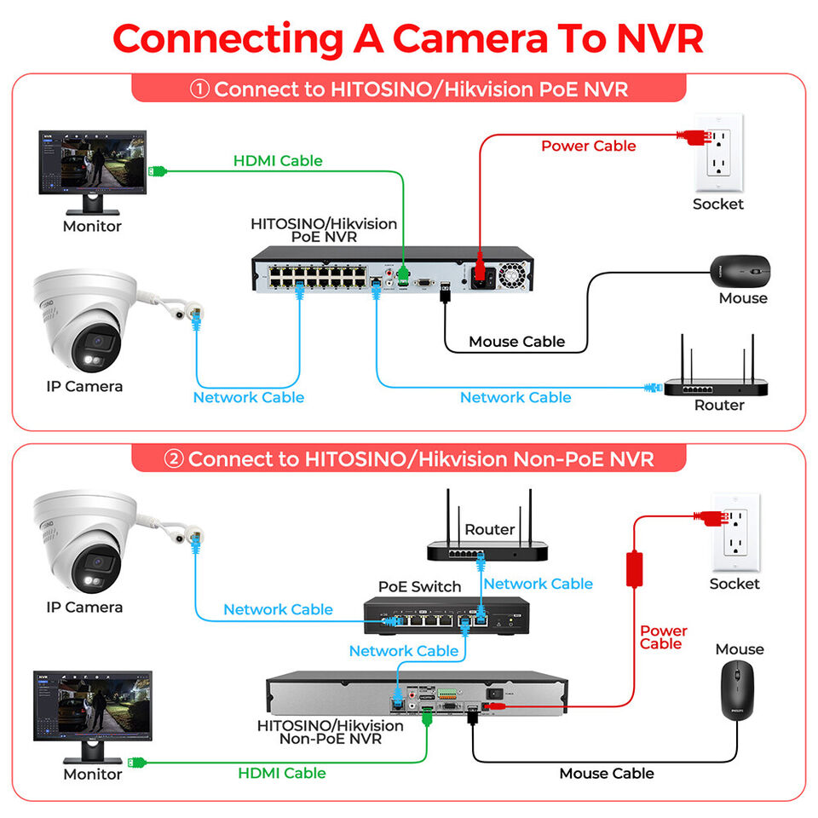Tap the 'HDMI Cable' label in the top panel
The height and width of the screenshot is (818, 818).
[x=278, y=160]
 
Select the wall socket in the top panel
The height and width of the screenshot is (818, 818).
[x=717, y=153]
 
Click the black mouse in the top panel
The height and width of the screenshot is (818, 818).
[x=740, y=270]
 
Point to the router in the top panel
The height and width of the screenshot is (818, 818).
[x=716, y=379]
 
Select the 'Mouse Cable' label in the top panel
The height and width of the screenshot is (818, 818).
[x=516, y=342]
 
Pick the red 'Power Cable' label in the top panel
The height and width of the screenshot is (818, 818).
[x=588, y=146]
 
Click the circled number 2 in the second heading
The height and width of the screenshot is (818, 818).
[x=173, y=459]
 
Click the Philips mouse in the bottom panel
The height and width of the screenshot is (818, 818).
[x=738, y=690]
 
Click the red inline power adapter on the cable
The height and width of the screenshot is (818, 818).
[x=634, y=568]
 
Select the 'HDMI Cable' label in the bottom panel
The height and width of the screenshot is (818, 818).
[x=281, y=773]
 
